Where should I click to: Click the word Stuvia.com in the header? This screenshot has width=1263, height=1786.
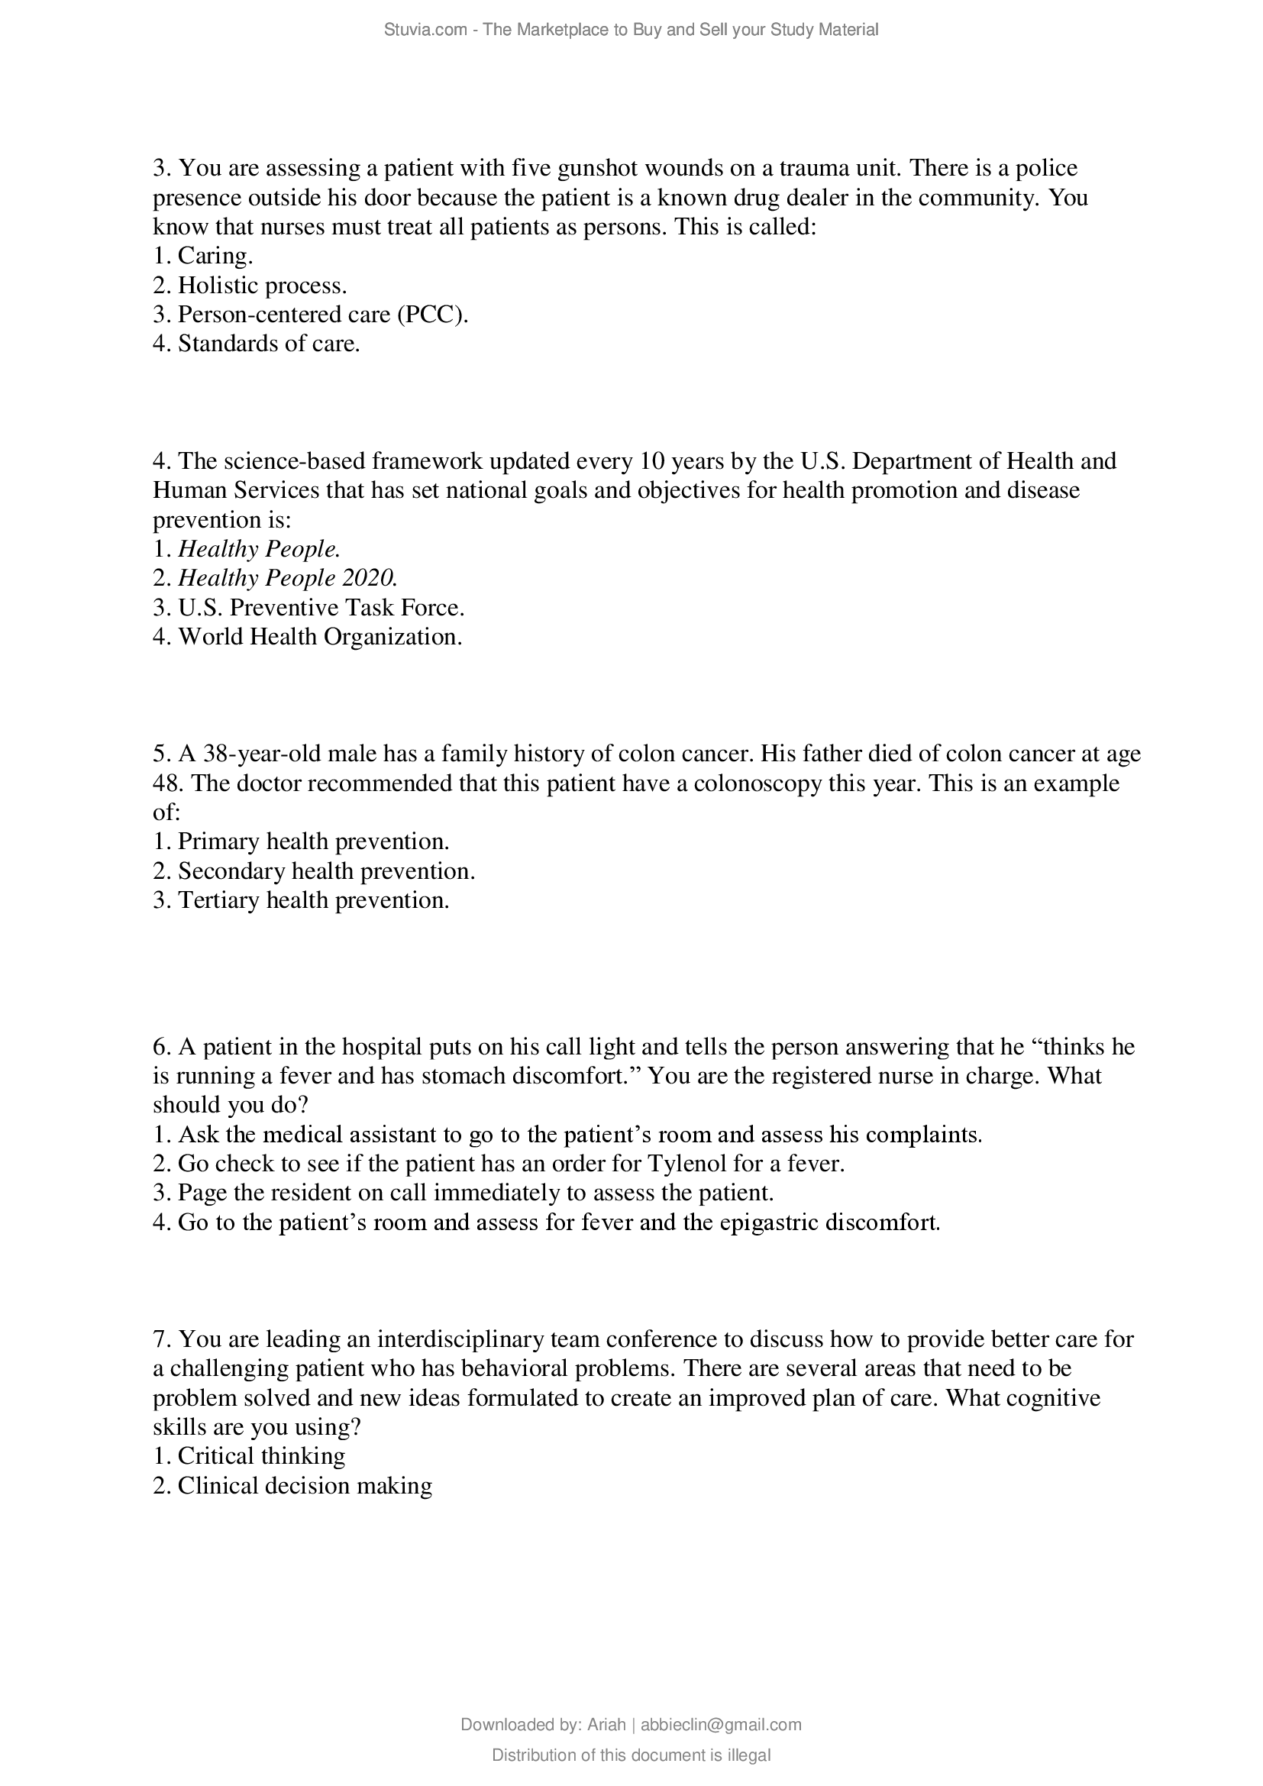click(425, 30)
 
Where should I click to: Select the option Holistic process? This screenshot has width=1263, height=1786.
click(262, 286)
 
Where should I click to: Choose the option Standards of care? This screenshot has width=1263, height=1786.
click(268, 344)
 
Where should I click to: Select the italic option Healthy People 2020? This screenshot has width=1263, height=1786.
click(288, 578)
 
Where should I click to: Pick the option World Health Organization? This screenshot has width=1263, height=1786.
click(320, 637)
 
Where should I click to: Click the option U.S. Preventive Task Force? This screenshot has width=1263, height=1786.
click(321, 608)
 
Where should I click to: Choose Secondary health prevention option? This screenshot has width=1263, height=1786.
click(326, 871)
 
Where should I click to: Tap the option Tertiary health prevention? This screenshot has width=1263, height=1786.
click(313, 901)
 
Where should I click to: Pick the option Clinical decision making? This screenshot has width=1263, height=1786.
click(304, 1486)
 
